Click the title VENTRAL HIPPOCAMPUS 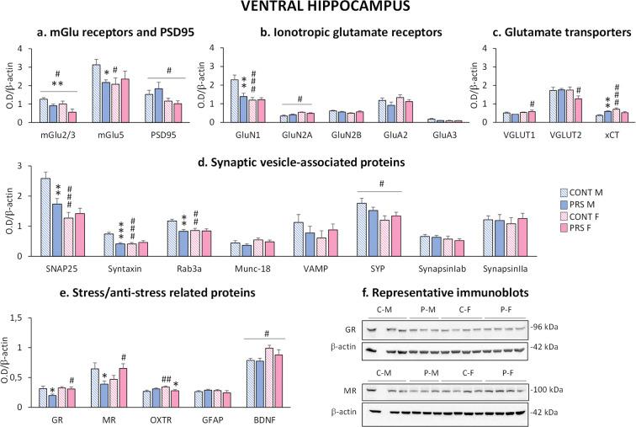[318, 10]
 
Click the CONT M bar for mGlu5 [97, 93]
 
